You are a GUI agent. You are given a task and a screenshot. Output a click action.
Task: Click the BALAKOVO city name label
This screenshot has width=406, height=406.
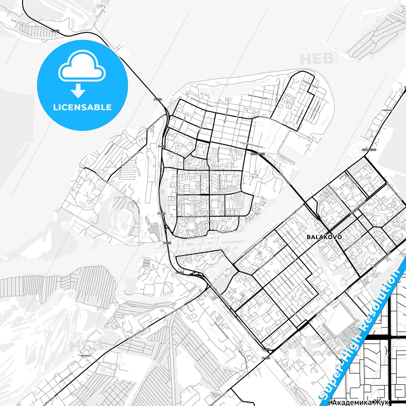pos(324,237)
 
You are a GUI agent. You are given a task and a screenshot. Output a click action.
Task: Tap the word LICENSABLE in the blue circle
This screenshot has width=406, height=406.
pos(82,107)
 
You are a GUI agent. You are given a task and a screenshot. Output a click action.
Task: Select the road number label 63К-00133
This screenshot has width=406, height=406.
pos(258,154)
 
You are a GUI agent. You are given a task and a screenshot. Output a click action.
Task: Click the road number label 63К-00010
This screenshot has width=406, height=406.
pos(369,150)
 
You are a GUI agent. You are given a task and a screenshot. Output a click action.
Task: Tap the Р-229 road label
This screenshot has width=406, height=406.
pos(266,358)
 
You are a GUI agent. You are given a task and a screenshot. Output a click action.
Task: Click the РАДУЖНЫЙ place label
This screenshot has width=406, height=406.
pos(387,110)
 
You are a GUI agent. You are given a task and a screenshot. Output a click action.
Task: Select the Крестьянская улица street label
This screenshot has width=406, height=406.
pos(258,96)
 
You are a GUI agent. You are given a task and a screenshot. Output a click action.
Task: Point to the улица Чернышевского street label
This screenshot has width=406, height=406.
pos(251,145)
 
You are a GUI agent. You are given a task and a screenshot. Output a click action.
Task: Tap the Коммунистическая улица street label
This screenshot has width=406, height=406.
pos(270,120)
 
